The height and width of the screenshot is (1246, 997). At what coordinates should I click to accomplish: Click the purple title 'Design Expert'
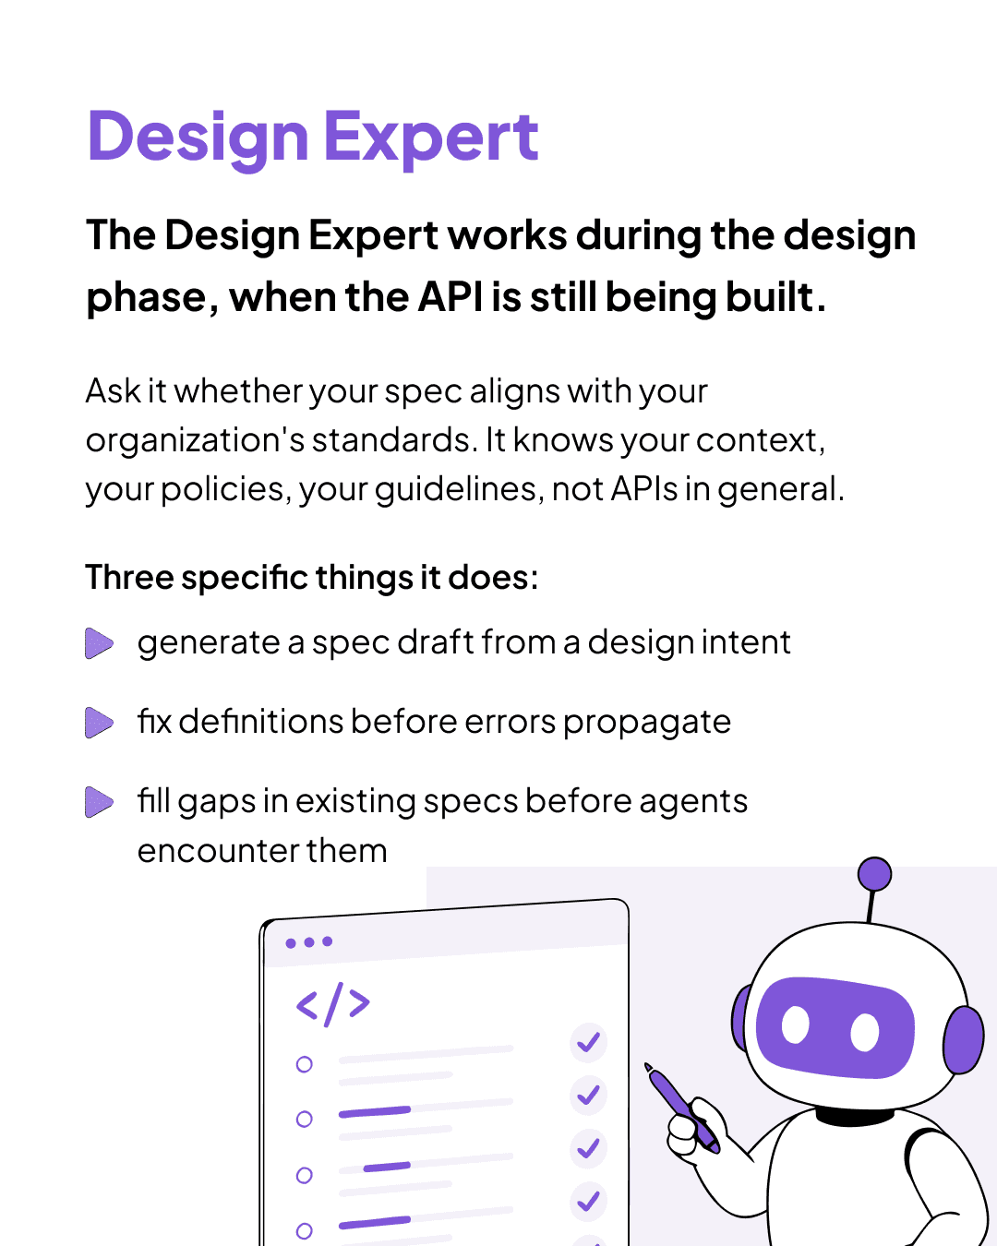tap(313, 138)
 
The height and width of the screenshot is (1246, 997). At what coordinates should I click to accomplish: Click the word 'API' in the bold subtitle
tap(450, 297)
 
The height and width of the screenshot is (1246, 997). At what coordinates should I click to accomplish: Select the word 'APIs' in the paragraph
tap(643, 488)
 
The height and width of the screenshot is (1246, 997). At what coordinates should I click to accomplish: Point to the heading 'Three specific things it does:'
tap(312, 577)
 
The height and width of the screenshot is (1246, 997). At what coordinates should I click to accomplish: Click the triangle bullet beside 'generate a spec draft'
tap(99, 643)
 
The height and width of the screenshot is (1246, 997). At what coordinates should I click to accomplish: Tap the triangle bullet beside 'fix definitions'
tap(99, 723)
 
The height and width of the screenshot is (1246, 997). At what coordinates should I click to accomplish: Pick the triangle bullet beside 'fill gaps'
tap(99, 802)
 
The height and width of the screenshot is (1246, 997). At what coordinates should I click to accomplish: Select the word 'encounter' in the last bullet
tap(219, 851)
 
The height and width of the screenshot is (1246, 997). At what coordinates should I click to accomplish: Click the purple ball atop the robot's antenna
tap(874, 874)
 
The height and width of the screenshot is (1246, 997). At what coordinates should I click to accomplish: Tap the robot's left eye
tap(796, 1024)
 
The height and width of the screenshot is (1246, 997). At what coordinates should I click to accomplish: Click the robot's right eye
tap(865, 1033)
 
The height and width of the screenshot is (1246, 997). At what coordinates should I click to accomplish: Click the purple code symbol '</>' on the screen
tap(333, 1004)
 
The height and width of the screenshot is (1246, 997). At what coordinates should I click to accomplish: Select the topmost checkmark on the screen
tap(589, 1042)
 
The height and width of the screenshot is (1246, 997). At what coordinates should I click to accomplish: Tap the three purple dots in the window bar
tap(309, 942)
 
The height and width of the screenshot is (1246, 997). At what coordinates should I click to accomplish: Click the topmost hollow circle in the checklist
tap(304, 1064)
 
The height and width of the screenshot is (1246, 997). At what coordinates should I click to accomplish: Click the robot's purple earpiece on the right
tap(964, 1039)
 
